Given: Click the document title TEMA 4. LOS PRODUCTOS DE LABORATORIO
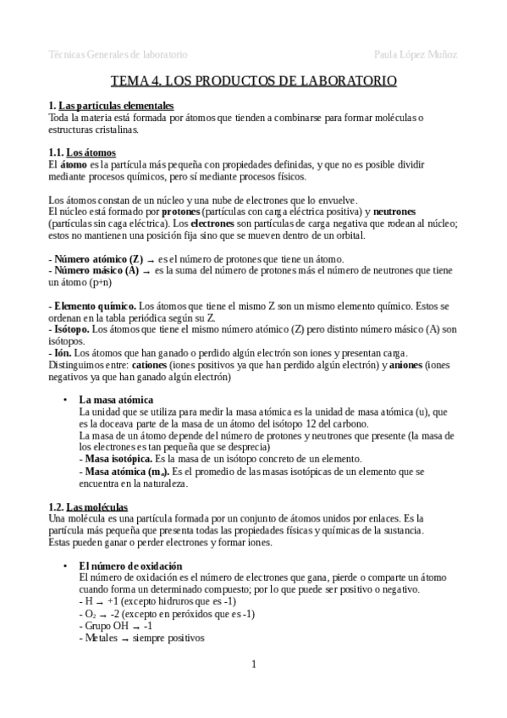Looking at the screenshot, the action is click(253, 82).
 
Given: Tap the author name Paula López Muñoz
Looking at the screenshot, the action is click(416, 54).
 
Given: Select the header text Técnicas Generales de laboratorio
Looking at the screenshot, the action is click(118, 54).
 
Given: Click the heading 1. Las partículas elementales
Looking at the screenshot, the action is click(112, 105).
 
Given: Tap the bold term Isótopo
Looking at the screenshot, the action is click(70, 329).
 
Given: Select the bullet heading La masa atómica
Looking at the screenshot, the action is click(116, 399).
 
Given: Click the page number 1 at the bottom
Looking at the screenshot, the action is click(253, 664).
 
